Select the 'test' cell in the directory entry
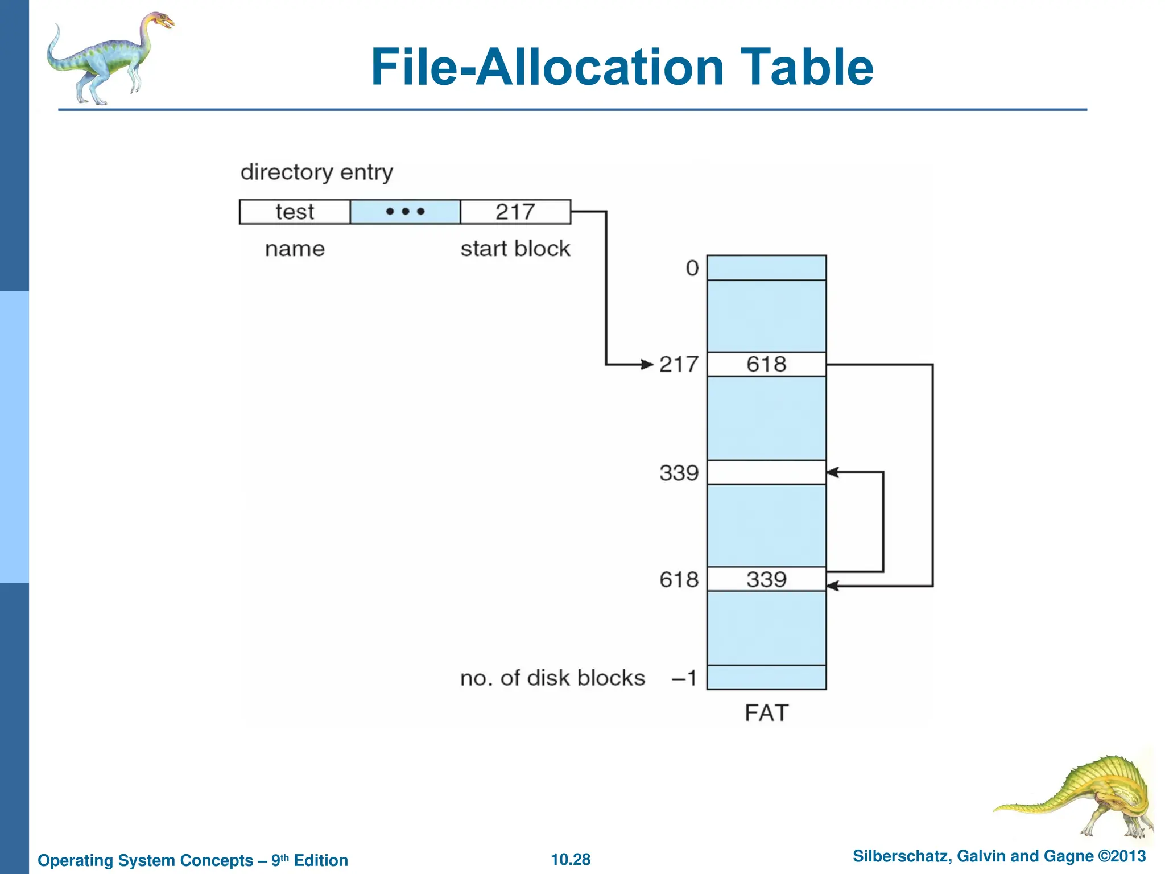[x=295, y=212]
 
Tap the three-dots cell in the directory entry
[x=405, y=212]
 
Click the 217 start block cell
[x=515, y=212]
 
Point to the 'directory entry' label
[x=316, y=172]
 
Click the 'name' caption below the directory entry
[x=295, y=249]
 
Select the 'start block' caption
[x=515, y=249]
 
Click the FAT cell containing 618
[x=766, y=364]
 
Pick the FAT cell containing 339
[x=766, y=579]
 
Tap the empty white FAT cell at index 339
[x=766, y=472]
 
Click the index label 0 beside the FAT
[x=692, y=268]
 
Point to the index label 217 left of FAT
[x=679, y=364]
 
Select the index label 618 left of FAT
[x=679, y=579]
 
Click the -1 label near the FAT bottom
[x=684, y=678]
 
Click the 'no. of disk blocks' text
[x=552, y=678]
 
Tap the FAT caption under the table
[x=766, y=713]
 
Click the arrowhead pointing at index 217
[x=647, y=364]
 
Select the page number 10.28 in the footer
[x=571, y=859]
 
